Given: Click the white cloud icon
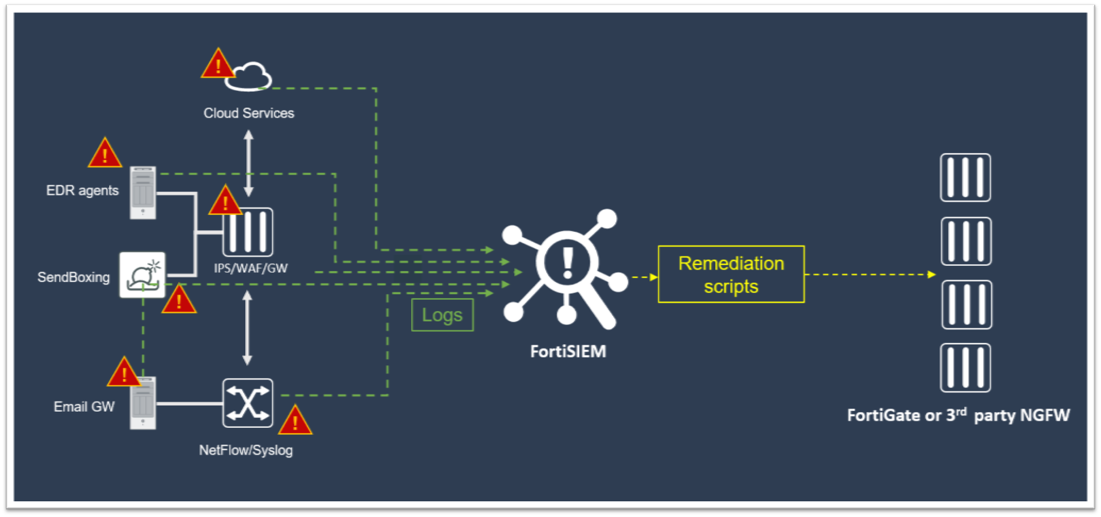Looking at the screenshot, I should pyautogui.click(x=249, y=77).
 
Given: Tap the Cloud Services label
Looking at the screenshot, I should pyautogui.click(x=249, y=113).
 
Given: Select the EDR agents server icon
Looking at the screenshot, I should pyautogui.click(x=143, y=193).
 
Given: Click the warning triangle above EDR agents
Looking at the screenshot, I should pyautogui.click(x=105, y=153).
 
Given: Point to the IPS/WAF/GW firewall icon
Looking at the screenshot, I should pyautogui.click(x=248, y=232).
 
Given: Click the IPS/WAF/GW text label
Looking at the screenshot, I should pyautogui.click(x=251, y=268).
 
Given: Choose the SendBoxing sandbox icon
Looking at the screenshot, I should pyautogui.click(x=142, y=274).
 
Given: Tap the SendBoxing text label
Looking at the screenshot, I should pyautogui.click(x=73, y=277).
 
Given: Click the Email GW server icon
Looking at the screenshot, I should pyautogui.click(x=143, y=403).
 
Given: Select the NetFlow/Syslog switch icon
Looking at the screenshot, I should pyautogui.click(x=247, y=403).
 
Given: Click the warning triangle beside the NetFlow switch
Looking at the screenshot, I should pyautogui.click(x=295, y=421).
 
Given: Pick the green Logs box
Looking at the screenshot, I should pyautogui.click(x=442, y=315).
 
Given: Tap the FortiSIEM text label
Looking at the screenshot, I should pyautogui.click(x=568, y=352).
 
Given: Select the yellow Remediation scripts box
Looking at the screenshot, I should pyautogui.click(x=731, y=274).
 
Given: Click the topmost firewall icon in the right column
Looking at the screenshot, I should pyautogui.click(x=965, y=178).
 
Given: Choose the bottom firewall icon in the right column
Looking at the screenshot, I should pyautogui.click(x=965, y=368).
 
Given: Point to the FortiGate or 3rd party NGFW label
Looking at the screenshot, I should pyautogui.click(x=958, y=415).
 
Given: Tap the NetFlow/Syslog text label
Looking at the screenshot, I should pyautogui.click(x=246, y=450).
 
